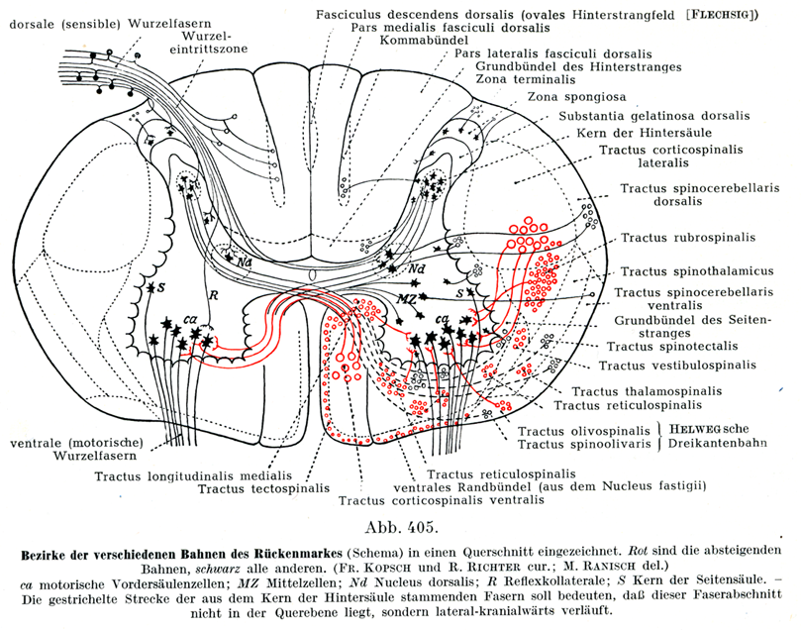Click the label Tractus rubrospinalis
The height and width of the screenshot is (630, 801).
[x=687, y=238]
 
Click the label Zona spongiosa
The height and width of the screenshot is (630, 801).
[x=570, y=96]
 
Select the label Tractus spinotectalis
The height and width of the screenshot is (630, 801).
[x=662, y=346]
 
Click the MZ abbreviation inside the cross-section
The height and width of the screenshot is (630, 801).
[x=405, y=293]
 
